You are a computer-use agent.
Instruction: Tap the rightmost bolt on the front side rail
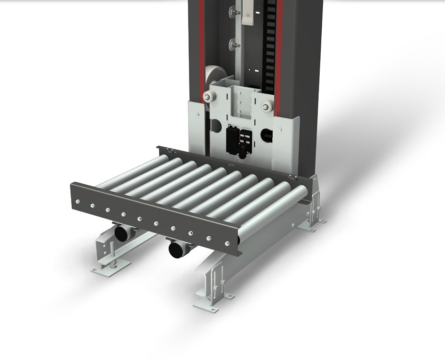coord(227,243)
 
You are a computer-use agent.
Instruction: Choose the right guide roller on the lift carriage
coord(266,107)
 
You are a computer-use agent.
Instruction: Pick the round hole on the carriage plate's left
coord(215,126)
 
